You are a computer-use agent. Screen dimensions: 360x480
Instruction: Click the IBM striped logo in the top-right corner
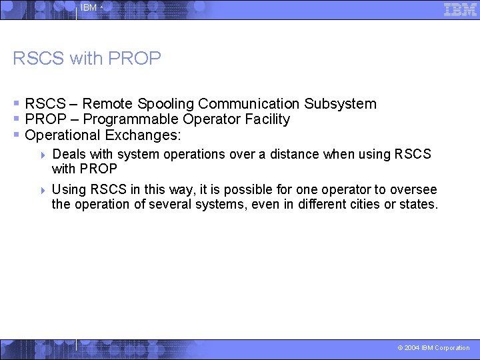coord(460,9)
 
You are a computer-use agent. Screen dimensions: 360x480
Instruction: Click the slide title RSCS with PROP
coord(87,59)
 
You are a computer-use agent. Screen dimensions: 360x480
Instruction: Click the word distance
coord(293,155)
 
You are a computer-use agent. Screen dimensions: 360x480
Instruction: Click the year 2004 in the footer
coord(412,348)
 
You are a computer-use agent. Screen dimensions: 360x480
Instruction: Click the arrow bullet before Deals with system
coord(43,155)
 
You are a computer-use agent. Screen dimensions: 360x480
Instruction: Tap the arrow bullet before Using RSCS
coord(43,190)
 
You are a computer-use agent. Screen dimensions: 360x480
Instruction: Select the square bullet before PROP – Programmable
coord(17,119)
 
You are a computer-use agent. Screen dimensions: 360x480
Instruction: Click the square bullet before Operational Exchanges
coord(17,135)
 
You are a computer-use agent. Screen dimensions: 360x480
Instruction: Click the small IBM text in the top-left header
coord(88,8)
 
